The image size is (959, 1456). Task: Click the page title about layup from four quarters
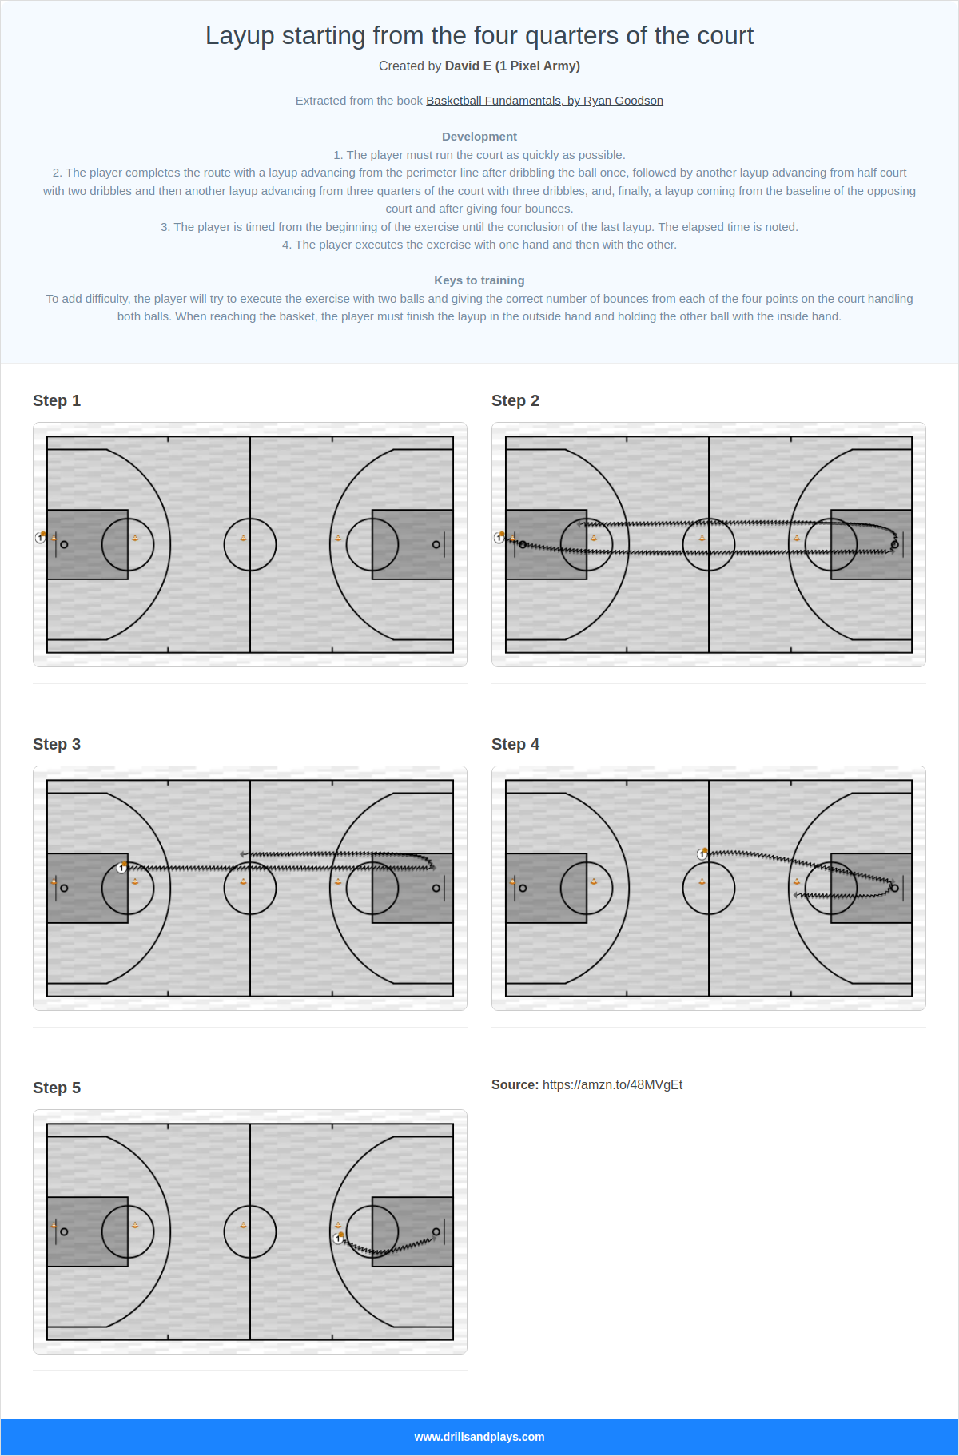coord(479,36)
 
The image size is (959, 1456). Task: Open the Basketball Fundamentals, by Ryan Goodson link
coord(544,101)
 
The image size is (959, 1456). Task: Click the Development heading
coord(479,137)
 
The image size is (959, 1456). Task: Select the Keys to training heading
coord(479,280)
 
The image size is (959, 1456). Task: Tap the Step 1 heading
coord(57,400)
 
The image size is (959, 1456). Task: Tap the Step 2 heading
coord(515,400)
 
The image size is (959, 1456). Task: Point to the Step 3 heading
coord(57,744)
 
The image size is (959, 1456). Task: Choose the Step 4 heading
coord(515,744)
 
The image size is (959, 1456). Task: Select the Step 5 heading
coord(57,1088)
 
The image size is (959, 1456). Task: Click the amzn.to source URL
coord(612,1084)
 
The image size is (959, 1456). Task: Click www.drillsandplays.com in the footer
coord(479,1437)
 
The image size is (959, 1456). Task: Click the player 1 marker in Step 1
coord(41,538)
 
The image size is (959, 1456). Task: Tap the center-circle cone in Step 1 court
coord(244,538)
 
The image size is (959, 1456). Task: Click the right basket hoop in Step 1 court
coord(436,544)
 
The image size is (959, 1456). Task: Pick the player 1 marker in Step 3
coord(121,868)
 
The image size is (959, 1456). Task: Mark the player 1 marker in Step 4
coord(702,854)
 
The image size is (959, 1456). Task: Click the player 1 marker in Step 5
coord(338,1238)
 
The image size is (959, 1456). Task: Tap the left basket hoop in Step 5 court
coord(64,1231)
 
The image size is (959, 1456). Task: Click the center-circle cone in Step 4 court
coord(702,881)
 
